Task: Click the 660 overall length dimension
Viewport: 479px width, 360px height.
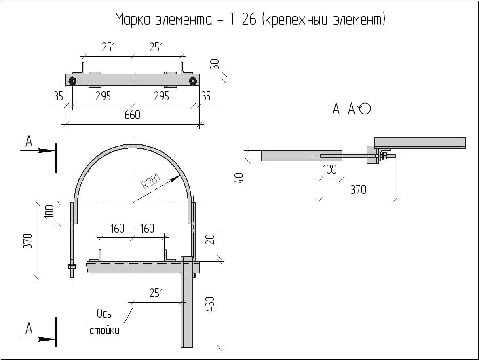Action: pos(132,115)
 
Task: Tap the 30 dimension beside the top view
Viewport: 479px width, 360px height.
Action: pos(215,64)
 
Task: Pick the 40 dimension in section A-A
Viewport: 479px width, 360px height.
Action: pos(239,178)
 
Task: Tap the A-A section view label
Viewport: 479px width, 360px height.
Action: pos(344,109)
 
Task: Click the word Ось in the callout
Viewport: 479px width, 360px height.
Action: pos(104,313)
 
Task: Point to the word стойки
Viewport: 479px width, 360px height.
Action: pos(104,331)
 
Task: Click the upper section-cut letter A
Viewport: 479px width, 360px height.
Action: pos(29,141)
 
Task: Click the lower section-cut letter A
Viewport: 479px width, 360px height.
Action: pos(29,328)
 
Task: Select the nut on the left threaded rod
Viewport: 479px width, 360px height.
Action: pos(72,267)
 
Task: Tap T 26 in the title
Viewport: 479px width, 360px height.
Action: pos(243,19)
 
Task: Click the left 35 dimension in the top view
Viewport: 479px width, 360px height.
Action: pos(59,97)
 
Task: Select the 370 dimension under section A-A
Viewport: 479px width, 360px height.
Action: pos(358,189)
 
